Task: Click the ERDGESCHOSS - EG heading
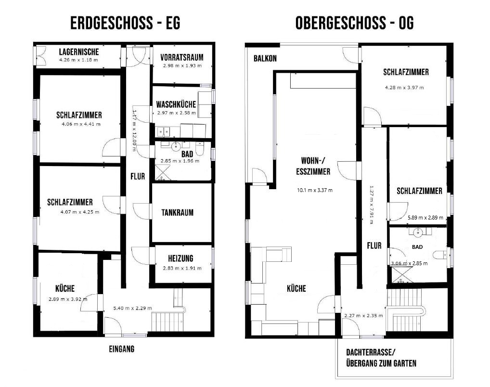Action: tap(125, 23)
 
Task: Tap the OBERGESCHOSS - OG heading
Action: tap(354, 23)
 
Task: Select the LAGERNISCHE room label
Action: tap(79, 52)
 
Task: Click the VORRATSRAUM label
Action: tap(182, 57)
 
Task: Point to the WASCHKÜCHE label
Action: tap(176, 104)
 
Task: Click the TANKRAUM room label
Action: tap(177, 213)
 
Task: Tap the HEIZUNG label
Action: tap(181, 258)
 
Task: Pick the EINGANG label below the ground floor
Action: tap(122, 349)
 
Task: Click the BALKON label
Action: tap(265, 58)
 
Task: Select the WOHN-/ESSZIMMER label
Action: tap(313, 166)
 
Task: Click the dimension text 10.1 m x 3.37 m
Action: tap(315, 190)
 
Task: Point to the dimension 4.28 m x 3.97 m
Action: tap(404, 88)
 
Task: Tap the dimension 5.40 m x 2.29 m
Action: tap(132, 308)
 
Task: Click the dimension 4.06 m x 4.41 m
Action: tap(81, 124)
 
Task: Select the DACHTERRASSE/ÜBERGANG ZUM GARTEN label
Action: tap(381, 358)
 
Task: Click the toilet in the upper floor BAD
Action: tap(440, 255)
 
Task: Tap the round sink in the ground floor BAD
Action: tap(176, 146)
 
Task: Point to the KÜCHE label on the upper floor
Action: tap(296, 288)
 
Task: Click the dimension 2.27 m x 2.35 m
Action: tap(363, 316)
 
